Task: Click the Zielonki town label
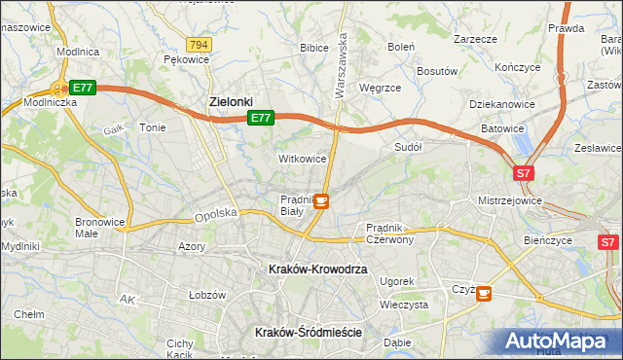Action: pos(232,100)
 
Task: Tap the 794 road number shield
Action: pos(200,45)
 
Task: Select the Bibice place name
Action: pos(313,47)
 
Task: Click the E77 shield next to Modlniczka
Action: pos(83,88)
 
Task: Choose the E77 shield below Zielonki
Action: pos(259,118)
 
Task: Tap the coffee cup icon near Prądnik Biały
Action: pos(320,201)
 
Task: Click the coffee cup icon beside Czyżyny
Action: pos(484,292)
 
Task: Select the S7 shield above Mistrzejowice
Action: pos(524,173)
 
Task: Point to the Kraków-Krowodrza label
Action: pos(317,269)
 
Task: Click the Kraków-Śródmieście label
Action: pos(308,332)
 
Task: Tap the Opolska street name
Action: pos(215,215)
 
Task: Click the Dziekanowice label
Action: pos(501,102)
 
